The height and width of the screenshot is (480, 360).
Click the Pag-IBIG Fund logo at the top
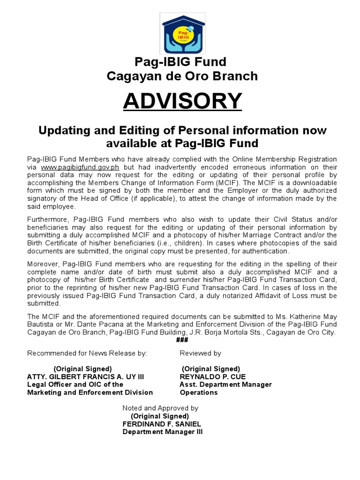182,33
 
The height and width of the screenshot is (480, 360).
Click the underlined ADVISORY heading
182,101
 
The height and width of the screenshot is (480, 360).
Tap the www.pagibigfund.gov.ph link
80,167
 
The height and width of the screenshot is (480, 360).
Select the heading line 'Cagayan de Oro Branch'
182,75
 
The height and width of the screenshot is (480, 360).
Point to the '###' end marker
182,340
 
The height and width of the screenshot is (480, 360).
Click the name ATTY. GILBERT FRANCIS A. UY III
86,376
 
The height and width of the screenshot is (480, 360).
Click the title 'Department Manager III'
163,432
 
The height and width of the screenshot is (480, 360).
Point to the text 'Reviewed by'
200,353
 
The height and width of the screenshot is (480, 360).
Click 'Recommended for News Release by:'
87,353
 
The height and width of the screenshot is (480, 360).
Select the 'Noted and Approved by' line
160,408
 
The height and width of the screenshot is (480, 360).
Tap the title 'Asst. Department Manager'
226,384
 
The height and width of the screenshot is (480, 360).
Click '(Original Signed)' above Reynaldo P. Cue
211,368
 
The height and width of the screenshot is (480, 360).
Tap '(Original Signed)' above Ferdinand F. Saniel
160,416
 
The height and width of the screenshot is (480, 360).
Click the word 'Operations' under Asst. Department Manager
199,392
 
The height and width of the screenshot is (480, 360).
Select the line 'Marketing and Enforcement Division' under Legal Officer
90,392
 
